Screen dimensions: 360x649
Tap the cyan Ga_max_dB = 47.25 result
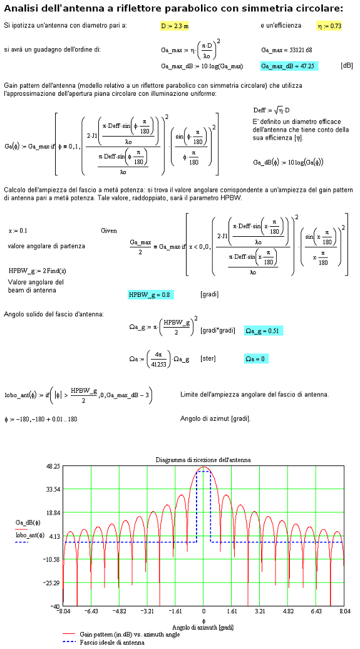(289, 66)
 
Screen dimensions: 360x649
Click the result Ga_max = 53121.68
(286, 50)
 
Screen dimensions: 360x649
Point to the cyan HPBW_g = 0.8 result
(151, 294)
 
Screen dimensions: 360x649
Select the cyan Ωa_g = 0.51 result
(264, 331)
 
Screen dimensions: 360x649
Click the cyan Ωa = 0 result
(256, 360)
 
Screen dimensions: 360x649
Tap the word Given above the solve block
(108, 231)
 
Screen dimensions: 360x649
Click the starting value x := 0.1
(18, 231)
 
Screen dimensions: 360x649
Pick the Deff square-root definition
(272, 110)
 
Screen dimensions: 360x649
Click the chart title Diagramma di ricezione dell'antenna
(203, 459)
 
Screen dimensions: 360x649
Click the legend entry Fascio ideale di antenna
(111, 642)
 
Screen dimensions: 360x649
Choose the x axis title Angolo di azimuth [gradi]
(203, 628)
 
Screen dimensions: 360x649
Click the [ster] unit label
(207, 360)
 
